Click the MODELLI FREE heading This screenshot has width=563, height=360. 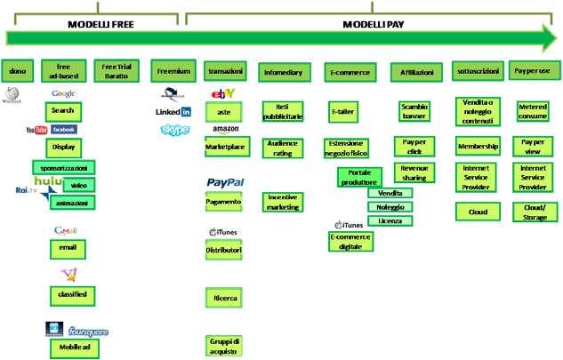[x=94, y=24]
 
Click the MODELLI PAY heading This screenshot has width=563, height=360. [x=374, y=24]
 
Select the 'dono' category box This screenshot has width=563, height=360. [x=18, y=69]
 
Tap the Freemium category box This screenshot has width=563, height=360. [x=173, y=69]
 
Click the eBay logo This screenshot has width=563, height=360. [x=222, y=92]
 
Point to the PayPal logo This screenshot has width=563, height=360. [x=225, y=182]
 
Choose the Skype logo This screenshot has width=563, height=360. [x=175, y=130]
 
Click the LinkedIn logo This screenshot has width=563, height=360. [x=173, y=112]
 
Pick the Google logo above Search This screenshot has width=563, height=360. [x=63, y=92]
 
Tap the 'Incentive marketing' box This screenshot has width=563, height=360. [x=283, y=202]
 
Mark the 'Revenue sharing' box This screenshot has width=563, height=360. [x=413, y=172]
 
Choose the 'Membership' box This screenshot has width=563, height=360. [x=479, y=145]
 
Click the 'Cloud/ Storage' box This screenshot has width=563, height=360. [x=535, y=212]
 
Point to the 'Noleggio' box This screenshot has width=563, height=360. [x=390, y=206]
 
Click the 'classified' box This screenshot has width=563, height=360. [x=72, y=293]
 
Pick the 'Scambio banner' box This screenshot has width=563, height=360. [x=414, y=111]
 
